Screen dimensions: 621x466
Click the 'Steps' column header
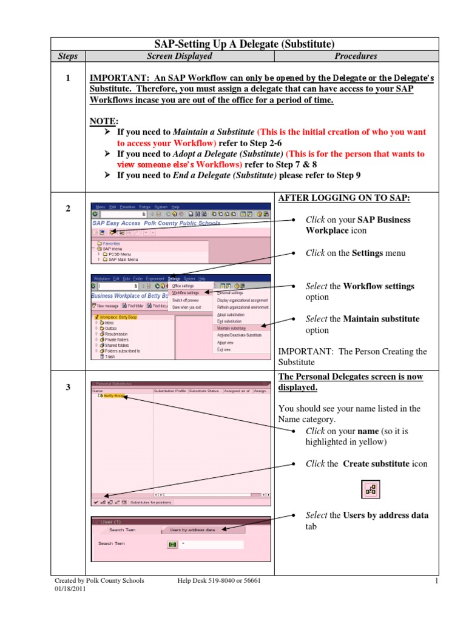pos(68,56)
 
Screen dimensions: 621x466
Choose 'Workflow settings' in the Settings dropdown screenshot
pos(186,292)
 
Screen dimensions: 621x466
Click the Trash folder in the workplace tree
pos(109,357)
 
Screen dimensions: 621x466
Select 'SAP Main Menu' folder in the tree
pos(124,260)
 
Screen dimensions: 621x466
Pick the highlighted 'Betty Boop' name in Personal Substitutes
pos(113,395)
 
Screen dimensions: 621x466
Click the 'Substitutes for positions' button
pos(151,502)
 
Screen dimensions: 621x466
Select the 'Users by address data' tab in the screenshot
pos(192,529)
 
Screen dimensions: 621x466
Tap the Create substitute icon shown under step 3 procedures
pos(370,489)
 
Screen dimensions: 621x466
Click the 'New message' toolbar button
pos(107,306)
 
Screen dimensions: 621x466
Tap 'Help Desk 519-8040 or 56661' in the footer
pos(219,580)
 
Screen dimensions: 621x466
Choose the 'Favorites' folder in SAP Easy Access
pos(112,243)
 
